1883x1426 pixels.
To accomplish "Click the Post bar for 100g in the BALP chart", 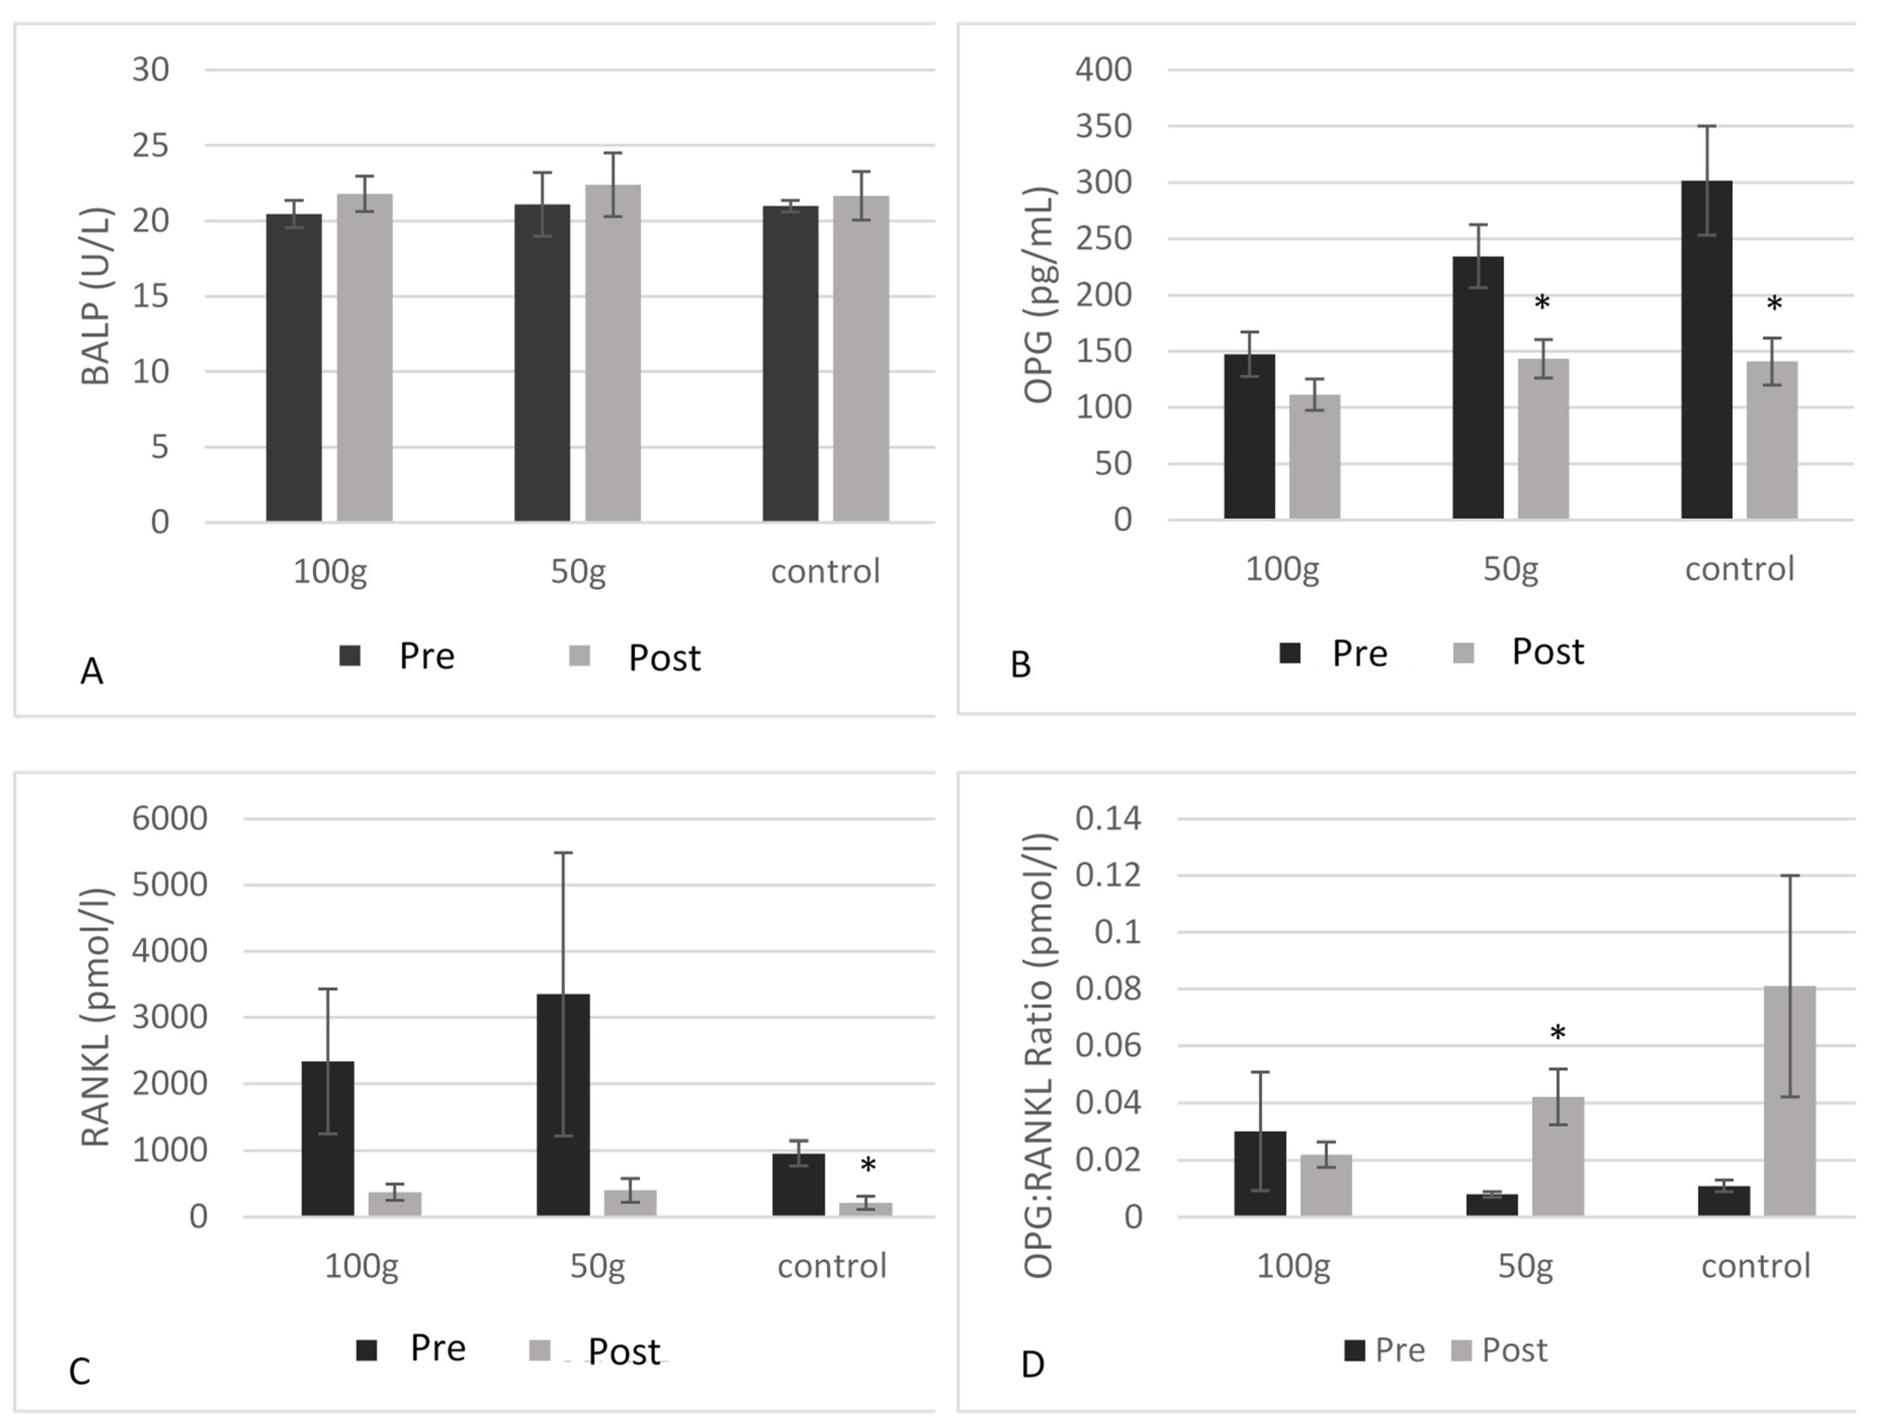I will pos(364,358).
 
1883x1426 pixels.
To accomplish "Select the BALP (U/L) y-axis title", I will pos(96,296).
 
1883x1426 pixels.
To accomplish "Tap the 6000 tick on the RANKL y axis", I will pos(169,818).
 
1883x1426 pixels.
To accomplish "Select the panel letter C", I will pos(79,1371).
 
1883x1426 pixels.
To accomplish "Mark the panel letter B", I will pos(1021,665).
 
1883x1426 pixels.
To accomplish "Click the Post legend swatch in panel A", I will pos(580,656).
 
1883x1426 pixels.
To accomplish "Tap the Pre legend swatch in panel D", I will pos(1354,1350).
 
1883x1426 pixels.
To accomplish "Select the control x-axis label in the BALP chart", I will pos(825,571).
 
